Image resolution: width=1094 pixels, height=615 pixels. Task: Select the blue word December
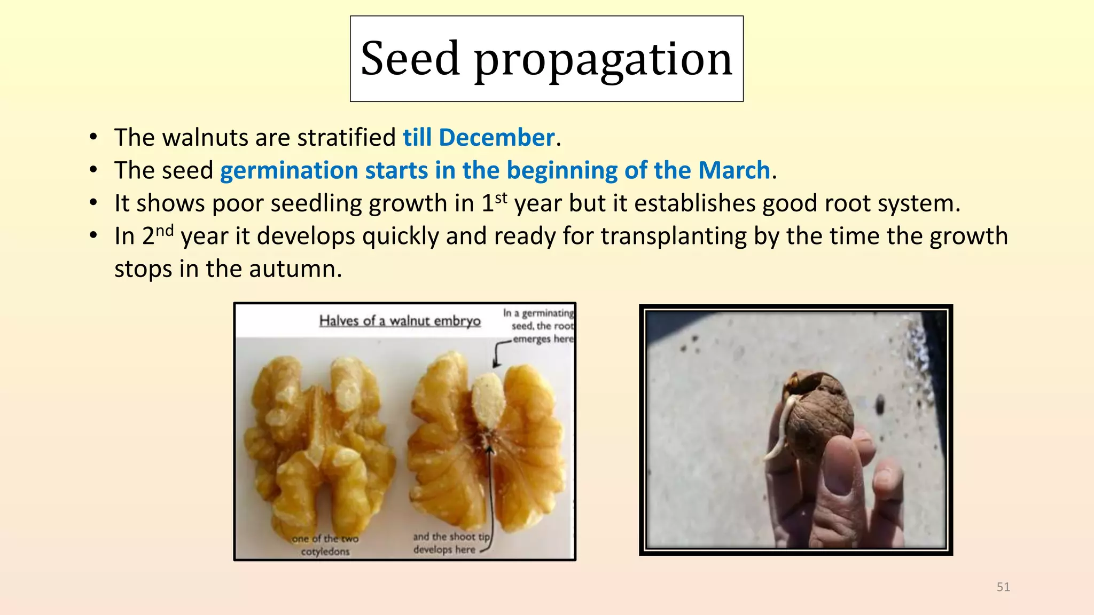(497, 137)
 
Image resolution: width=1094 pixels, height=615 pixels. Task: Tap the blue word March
(734, 170)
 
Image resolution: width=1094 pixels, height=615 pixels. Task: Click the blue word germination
(289, 171)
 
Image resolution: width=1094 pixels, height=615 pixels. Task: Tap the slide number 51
(1003, 587)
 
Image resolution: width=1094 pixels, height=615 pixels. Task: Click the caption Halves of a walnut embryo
(400, 321)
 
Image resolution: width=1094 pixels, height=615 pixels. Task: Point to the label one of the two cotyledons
(325, 545)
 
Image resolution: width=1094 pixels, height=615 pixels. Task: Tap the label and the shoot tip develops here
(451, 543)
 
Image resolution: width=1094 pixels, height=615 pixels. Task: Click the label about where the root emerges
(538, 326)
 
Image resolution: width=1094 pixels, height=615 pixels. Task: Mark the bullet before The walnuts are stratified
(93, 137)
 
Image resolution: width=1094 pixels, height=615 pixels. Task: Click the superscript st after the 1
(501, 198)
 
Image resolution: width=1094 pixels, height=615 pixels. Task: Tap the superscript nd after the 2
(165, 230)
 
